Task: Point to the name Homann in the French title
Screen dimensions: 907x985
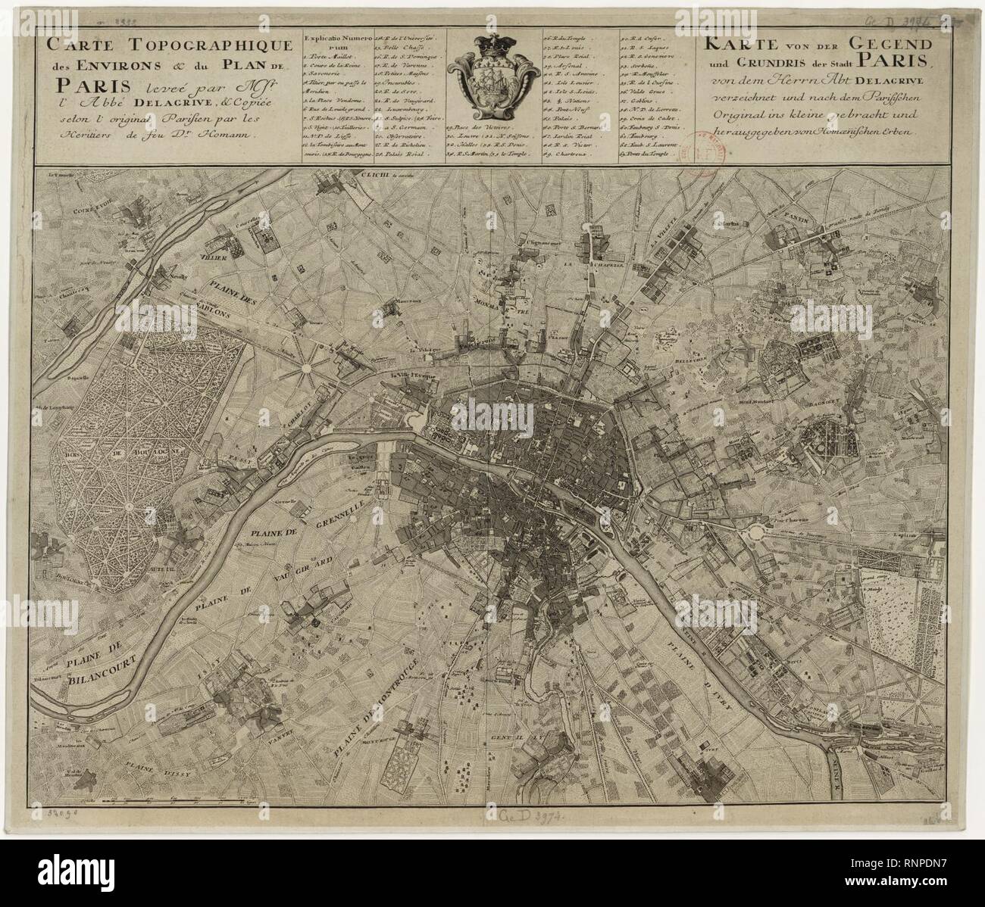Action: (227, 134)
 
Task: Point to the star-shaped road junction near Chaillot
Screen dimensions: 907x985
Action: (307, 368)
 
